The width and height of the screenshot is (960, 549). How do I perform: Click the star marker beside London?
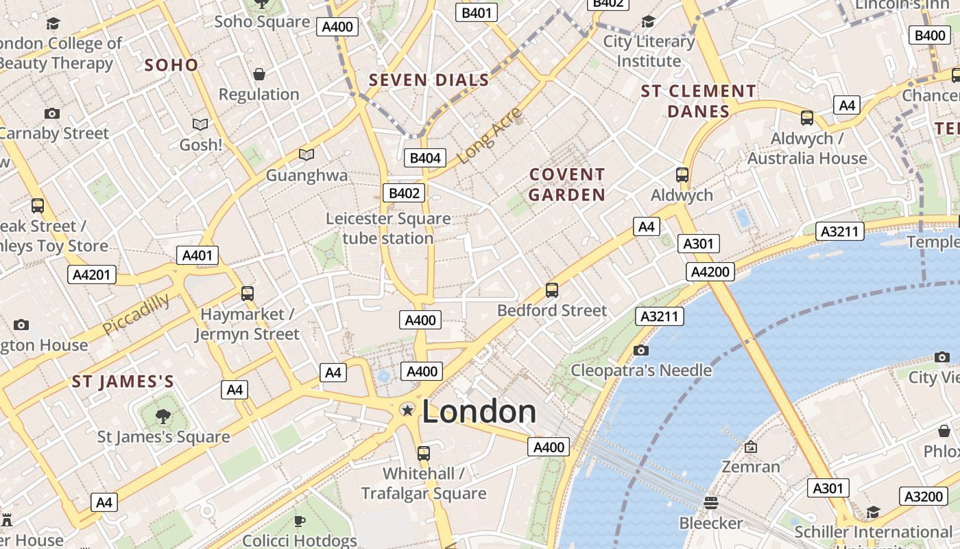click(407, 410)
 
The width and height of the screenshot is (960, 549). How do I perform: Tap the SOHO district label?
click(171, 65)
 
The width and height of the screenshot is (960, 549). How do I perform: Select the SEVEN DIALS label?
click(429, 80)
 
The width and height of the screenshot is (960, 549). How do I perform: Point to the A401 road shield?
click(197, 256)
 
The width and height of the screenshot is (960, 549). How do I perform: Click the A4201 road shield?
click(92, 275)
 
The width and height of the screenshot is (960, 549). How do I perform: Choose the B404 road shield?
click(424, 158)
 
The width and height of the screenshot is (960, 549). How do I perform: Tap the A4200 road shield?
click(710, 272)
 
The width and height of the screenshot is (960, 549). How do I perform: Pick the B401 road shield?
click(477, 12)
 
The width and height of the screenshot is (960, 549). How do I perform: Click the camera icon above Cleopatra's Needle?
click(641, 351)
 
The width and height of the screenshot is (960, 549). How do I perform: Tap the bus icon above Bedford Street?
click(552, 290)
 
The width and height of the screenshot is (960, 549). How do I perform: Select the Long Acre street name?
click(489, 136)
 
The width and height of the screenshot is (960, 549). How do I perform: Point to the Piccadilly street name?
click(136, 314)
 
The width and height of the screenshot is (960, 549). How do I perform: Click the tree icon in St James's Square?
click(163, 416)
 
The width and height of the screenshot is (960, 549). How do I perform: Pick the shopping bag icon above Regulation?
click(259, 73)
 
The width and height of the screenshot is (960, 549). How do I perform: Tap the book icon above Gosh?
click(200, 124)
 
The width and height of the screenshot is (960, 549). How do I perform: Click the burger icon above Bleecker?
click(711, 502)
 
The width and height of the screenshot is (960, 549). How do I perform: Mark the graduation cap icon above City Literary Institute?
click(648, 22)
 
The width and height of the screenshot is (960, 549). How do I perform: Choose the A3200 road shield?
click(924, 496)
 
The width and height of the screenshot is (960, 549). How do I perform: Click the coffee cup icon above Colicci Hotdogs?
click(300, 521)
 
